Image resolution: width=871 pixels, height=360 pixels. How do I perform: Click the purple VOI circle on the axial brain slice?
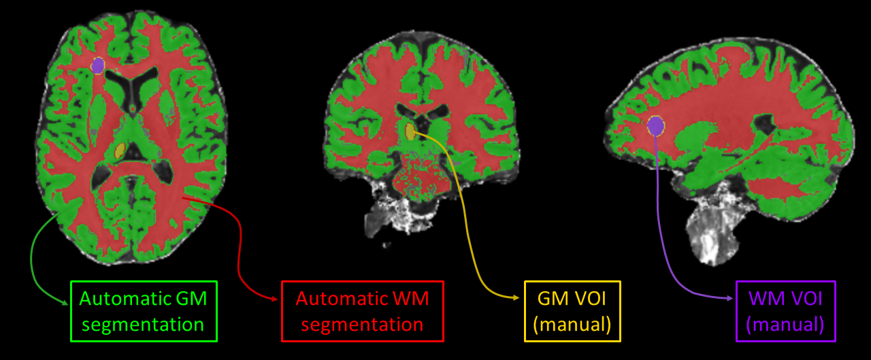coord(97,65)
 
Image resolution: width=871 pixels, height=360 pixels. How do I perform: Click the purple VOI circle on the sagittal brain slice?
coord(655,126)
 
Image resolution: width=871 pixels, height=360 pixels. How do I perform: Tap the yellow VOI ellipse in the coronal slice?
coord(410,131)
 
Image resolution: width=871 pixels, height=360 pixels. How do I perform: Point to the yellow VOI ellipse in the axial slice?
coord(120,151)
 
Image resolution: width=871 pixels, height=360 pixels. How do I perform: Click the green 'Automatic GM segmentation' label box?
coord(144,311)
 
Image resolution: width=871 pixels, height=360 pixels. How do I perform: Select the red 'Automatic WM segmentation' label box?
coord(362,311)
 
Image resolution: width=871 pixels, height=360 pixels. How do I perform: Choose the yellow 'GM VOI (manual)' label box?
coord(572,311)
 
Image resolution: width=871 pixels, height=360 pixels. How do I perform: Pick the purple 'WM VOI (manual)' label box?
coord(785,311)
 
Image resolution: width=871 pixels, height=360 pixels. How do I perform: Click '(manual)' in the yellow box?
coord(572,324)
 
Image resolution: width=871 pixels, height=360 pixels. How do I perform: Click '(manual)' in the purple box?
coord(785,324)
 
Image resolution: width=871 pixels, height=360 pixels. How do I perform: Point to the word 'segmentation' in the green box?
coord(144,325)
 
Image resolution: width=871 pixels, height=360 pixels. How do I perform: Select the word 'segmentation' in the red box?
coord(362,325)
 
